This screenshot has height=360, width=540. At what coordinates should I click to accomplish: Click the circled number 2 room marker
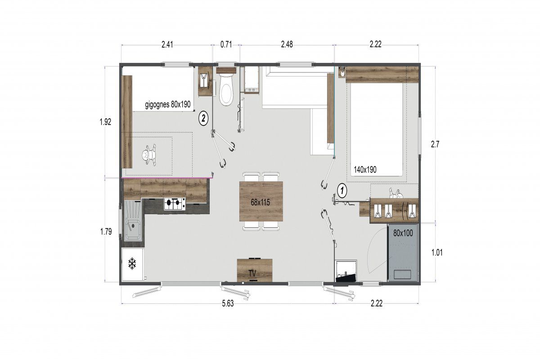[x=203, y=118]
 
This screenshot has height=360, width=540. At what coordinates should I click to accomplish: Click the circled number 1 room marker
[x=342, y=191]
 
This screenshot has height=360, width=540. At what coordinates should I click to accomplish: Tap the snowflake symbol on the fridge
[x=132, y=264]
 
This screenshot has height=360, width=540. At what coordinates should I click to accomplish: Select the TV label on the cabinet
[x=252, y=274]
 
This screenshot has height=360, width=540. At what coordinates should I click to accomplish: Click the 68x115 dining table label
[x=260, y=202]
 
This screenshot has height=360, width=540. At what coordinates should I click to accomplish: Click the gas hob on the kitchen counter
[x=175, y=204]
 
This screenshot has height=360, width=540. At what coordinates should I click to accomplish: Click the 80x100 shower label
[x=403, y=233]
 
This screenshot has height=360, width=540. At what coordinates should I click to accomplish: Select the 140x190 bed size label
[x=365, y=170]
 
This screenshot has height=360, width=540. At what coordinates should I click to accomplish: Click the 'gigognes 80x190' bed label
[x=168, y=104]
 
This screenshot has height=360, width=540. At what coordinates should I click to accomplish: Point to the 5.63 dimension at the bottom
[x=228, y=303]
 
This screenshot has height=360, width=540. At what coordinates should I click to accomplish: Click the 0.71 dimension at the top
[x=226, y=45]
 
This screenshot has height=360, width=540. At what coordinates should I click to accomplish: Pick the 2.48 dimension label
[x=287, y=45]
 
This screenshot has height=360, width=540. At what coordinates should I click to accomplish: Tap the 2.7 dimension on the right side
[x=435, y=144]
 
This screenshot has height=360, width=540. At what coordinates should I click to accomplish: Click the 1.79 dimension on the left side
[x=106, y=232]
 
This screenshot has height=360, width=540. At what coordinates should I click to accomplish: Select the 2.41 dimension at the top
[x=167, y=45]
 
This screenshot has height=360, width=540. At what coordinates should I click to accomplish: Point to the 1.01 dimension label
[x=437, y=252]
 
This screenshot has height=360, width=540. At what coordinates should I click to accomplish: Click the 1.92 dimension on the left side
[x=106, y=122]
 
